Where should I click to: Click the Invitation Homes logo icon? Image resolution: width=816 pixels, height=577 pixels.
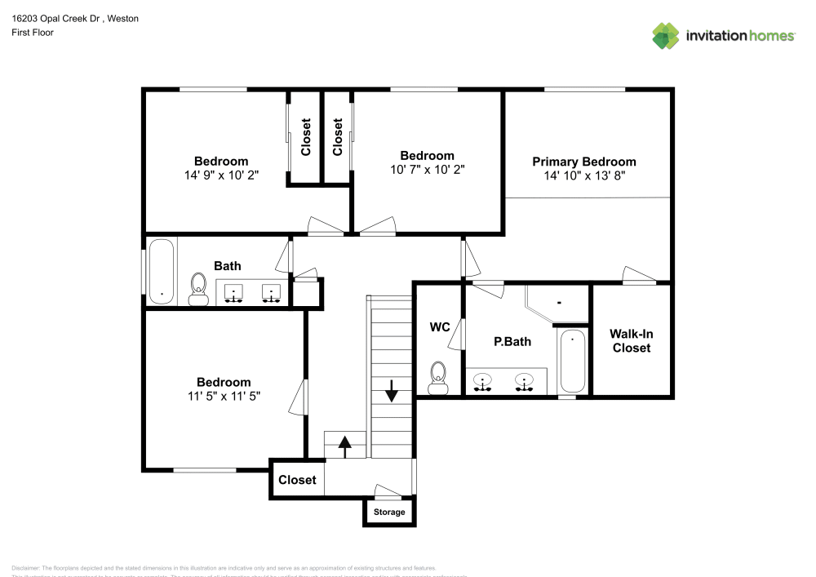(665, 35)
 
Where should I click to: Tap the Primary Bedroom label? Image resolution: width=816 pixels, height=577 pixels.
(583, 162)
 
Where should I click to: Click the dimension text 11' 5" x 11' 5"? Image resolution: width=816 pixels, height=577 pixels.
(223, 396)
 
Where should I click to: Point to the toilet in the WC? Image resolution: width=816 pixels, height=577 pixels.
(439, 377)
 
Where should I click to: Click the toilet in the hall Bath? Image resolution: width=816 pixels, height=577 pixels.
(197, 288)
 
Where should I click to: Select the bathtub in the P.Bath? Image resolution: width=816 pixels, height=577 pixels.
(572, 362)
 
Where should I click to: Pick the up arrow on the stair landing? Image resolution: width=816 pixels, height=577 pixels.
(344, 445)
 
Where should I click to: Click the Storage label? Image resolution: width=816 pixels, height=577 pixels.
(388, 513)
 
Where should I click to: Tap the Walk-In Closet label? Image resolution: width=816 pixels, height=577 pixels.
(632, 341)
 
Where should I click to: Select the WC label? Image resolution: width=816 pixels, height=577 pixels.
(440, 327)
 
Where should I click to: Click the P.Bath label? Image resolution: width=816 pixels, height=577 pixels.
(512, 341)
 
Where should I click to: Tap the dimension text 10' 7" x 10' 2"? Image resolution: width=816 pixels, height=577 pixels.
(427, 169)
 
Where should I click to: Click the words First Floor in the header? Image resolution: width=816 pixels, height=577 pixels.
(33, 33)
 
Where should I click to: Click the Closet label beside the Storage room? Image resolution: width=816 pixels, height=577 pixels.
(297, 480)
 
